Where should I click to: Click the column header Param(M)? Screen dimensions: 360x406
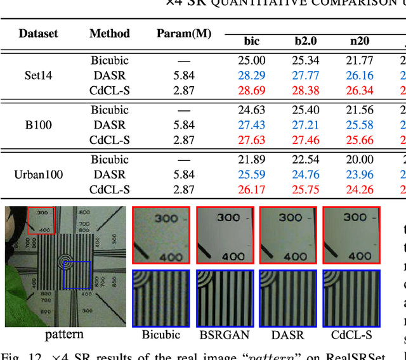click(x=184, y=34)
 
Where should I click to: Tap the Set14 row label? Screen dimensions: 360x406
click(x=38, y=75)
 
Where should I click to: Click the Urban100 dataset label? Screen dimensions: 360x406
click(x=39, y=174)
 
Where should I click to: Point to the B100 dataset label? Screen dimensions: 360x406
click(x=38, y=125)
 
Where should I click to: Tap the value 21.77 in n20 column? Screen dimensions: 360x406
click(x=360, y=61)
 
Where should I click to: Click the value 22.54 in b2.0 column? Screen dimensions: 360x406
click(x=306, y=160)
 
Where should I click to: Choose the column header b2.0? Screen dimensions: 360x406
click(x=306, y=42)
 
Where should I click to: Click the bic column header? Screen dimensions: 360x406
click(x=252, y=42)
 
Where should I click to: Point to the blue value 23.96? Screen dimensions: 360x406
click(x=360, y=174)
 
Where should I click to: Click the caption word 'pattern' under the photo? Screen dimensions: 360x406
click(x=64, y=334)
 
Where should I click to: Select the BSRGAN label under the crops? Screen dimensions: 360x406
click(x=225, y=335)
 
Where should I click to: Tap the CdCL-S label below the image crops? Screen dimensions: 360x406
click(x=351, y=335)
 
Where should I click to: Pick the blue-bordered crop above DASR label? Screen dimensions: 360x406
click(x=288, y=298)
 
